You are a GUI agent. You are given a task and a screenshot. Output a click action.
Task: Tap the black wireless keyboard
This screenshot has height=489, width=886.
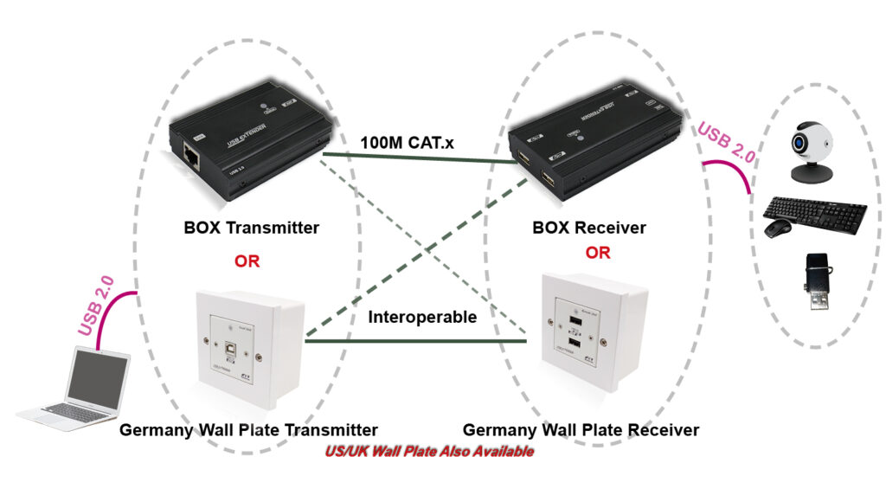coord(817,211)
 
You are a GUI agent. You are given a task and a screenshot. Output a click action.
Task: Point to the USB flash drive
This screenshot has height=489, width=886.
coord(816,280)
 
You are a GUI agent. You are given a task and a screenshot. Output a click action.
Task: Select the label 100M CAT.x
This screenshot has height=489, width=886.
coord(408,140)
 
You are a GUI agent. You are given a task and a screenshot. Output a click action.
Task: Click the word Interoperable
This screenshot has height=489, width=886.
coord(422,318)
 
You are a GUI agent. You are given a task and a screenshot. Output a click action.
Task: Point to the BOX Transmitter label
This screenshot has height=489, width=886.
coord(251,228)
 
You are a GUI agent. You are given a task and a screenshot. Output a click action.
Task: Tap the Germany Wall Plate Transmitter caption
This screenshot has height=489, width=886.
coord(248,430)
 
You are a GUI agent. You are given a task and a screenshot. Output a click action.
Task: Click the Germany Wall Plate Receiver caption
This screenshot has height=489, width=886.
coord(581,430)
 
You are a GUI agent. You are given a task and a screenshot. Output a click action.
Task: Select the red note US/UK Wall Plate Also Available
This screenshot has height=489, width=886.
coord(429,452)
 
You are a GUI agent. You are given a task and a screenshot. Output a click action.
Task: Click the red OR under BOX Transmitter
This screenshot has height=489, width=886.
coord(247,261)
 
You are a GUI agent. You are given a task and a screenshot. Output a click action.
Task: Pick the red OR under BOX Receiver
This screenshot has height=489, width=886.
coord(598,254)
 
